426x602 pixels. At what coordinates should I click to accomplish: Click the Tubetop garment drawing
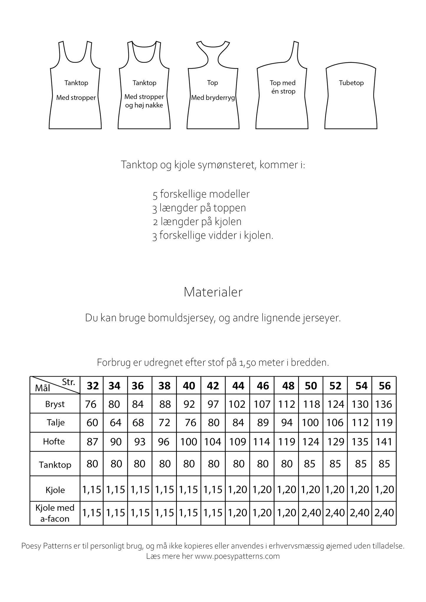pyautogui.click(x=351, y=97)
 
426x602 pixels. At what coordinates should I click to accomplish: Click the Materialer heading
pyautogui.click(x=213, y=292)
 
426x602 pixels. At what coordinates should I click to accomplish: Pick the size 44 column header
pyautogui.click(x=238, y=386)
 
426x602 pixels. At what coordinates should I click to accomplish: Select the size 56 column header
pyautogui.click(x=384, y=386)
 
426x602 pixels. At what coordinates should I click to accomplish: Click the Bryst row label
pyautogui.click(x=55, y=404)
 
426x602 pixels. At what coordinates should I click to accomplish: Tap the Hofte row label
pyautogui.click(x=54, y=441)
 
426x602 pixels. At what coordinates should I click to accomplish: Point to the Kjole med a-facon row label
pyautogui.click(x=55, y=513)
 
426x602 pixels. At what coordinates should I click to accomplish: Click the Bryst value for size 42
pyautogui.click(x=213, y=404)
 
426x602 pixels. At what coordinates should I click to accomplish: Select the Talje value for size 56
pyautogui.click(x=384, y=423)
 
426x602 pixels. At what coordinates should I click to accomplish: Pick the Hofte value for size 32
pyautogui.click(x=92, y=442)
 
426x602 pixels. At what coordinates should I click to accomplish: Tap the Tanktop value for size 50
pyautogui.click(x=310, y=464)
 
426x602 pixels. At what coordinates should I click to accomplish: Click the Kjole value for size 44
pyautogui.click(x=238, y=490)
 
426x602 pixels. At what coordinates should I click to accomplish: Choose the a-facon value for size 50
pyautogui.click(x=311, y=513)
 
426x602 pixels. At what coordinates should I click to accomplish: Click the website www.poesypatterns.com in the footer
pyautogui.click(x=237, y=556)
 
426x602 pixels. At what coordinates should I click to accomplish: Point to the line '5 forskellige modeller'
pyautogui.click(x=201, y=194)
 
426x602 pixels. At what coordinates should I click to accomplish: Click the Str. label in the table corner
pyautogui.click(x=69, y=382)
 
